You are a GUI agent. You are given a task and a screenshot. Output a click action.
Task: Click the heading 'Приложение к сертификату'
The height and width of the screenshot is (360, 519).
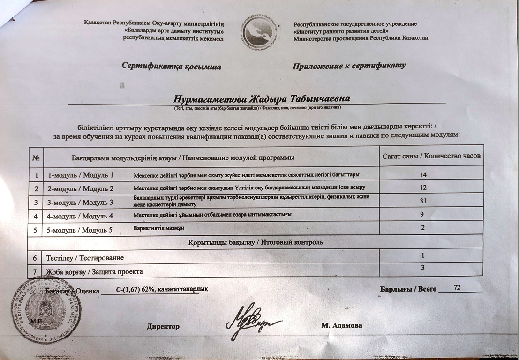click(349, 66)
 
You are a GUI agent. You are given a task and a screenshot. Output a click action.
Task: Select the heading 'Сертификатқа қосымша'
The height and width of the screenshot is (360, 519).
click(171, 67)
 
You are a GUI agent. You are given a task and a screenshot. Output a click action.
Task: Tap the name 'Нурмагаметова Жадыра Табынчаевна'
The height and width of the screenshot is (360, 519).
click(262, 99)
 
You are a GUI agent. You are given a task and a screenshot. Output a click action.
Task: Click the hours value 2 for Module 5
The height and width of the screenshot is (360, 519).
click(422, 228)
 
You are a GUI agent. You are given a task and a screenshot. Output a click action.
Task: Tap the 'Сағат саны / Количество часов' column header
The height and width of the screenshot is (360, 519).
click(431, 156)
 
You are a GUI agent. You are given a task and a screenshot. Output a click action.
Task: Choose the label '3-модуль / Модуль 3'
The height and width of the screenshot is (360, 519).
click(81, 203)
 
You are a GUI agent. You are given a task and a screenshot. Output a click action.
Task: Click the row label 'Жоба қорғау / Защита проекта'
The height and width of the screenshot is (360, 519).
click(94, 271)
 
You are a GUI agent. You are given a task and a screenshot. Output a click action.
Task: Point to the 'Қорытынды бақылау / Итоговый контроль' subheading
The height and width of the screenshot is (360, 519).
click(255, 242)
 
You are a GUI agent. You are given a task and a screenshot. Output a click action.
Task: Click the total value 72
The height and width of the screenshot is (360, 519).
click(451, 286)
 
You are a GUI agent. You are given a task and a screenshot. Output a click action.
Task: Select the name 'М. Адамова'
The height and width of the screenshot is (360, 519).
click(342, 325)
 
